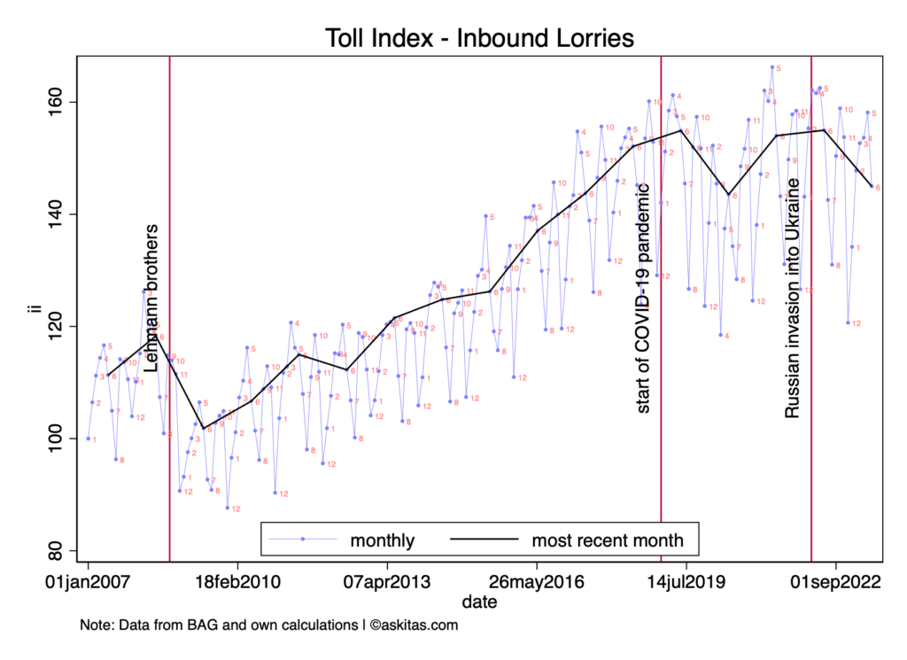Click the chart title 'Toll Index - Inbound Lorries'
point(478,38)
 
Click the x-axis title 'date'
point(478,602)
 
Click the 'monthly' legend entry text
point(383,540)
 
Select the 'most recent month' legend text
point(608,540)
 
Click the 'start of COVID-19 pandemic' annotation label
point(644,298)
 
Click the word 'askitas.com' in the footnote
point(420,625)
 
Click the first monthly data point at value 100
point(89,439)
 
